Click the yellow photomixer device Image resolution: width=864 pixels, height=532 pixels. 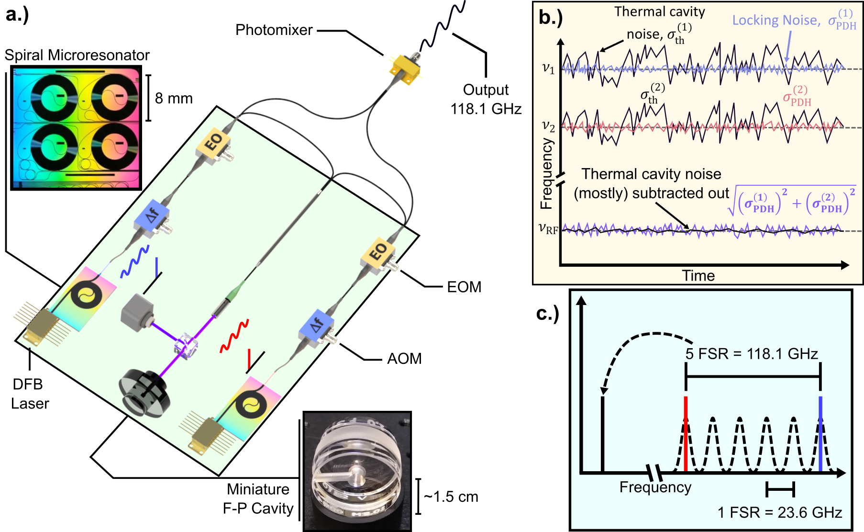click(405, 70)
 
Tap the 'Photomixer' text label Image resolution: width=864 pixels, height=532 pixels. click(274, 30)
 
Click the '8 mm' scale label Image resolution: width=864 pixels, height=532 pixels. click(174, 99)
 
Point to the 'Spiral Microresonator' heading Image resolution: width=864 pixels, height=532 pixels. click(77, 55)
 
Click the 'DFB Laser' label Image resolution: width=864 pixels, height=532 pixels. click(30, 394)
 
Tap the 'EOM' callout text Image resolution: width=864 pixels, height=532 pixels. click(464, 287)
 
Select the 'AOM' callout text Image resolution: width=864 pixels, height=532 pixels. click(404, 359)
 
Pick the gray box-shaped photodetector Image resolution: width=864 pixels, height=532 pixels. click(137, 312)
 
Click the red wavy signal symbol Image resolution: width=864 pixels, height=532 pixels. click(234, 336)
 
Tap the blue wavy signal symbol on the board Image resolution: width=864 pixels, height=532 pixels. click(135, 262)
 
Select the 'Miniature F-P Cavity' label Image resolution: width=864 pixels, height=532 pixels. click(258, 498)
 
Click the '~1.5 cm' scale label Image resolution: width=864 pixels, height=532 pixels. click(451, 497)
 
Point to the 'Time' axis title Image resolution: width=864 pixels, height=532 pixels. click(698, 276)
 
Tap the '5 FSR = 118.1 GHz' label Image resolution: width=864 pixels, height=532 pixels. click(752, 354)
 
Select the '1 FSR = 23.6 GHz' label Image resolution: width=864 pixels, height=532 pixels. click(779, 512)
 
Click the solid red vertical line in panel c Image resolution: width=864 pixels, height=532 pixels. click(686, 433)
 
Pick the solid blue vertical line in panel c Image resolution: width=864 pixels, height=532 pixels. click(820, 433)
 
